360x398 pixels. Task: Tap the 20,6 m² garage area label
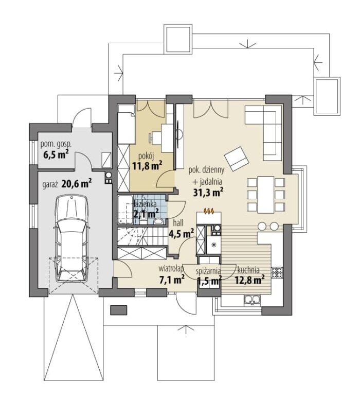point(76,183)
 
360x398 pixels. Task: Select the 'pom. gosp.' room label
point(56,145)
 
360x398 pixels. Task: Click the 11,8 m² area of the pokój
point(147,166)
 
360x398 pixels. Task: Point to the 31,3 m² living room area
point(208,193)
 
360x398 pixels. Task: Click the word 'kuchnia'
point(248,270)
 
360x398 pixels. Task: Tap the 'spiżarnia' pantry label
point(208,271)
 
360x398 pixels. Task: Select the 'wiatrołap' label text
point(171,269)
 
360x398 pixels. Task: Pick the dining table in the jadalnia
point(266,195)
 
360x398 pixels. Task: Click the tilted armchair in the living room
point(236,159)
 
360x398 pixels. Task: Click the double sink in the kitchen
point(252,300)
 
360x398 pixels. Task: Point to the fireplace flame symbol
point(209,211)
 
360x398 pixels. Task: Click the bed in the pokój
point(126,125)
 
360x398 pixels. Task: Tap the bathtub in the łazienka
point(125,210)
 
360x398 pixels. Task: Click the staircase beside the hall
point(141,236)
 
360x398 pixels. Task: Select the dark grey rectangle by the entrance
point(119,310)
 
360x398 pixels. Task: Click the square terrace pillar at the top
point(177,39)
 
